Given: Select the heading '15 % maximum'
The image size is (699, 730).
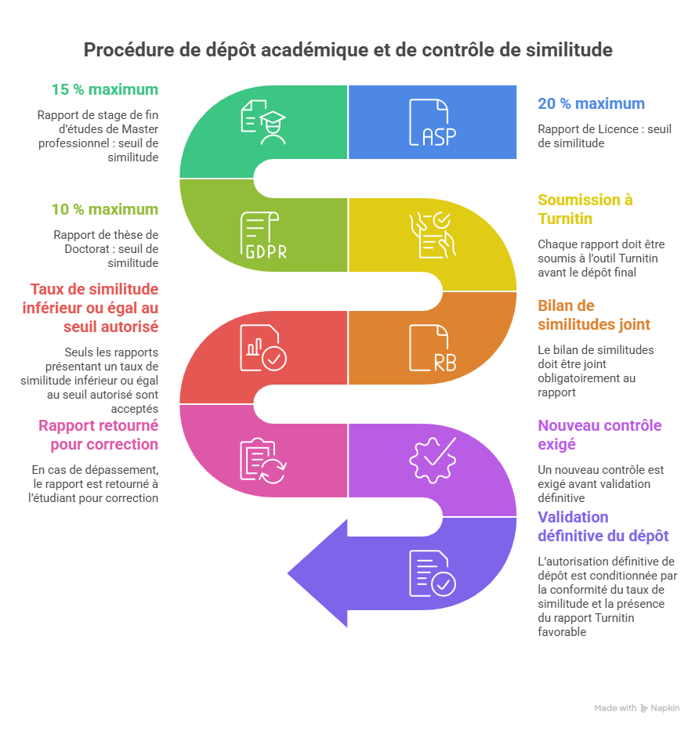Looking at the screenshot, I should tap(104, 90).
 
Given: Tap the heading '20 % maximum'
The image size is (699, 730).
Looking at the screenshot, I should tap(591, 103).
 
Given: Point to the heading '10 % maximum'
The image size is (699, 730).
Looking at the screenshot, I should tap(104, 210).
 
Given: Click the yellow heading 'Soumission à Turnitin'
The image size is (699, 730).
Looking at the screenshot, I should tap(585, 209).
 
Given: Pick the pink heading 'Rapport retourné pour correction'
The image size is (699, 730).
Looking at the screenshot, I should tap(98, 435).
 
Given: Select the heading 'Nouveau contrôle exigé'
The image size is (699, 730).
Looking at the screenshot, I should tap(599, 435).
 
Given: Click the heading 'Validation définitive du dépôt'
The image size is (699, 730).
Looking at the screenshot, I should tap(603, 526).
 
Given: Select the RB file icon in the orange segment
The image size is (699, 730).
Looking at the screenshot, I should tap(429, 347).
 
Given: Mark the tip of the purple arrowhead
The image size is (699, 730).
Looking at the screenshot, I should tap(287, 572).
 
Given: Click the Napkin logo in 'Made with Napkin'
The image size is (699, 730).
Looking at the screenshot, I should tap(645, 708).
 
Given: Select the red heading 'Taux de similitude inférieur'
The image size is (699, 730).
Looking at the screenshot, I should tap(94, 308).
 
